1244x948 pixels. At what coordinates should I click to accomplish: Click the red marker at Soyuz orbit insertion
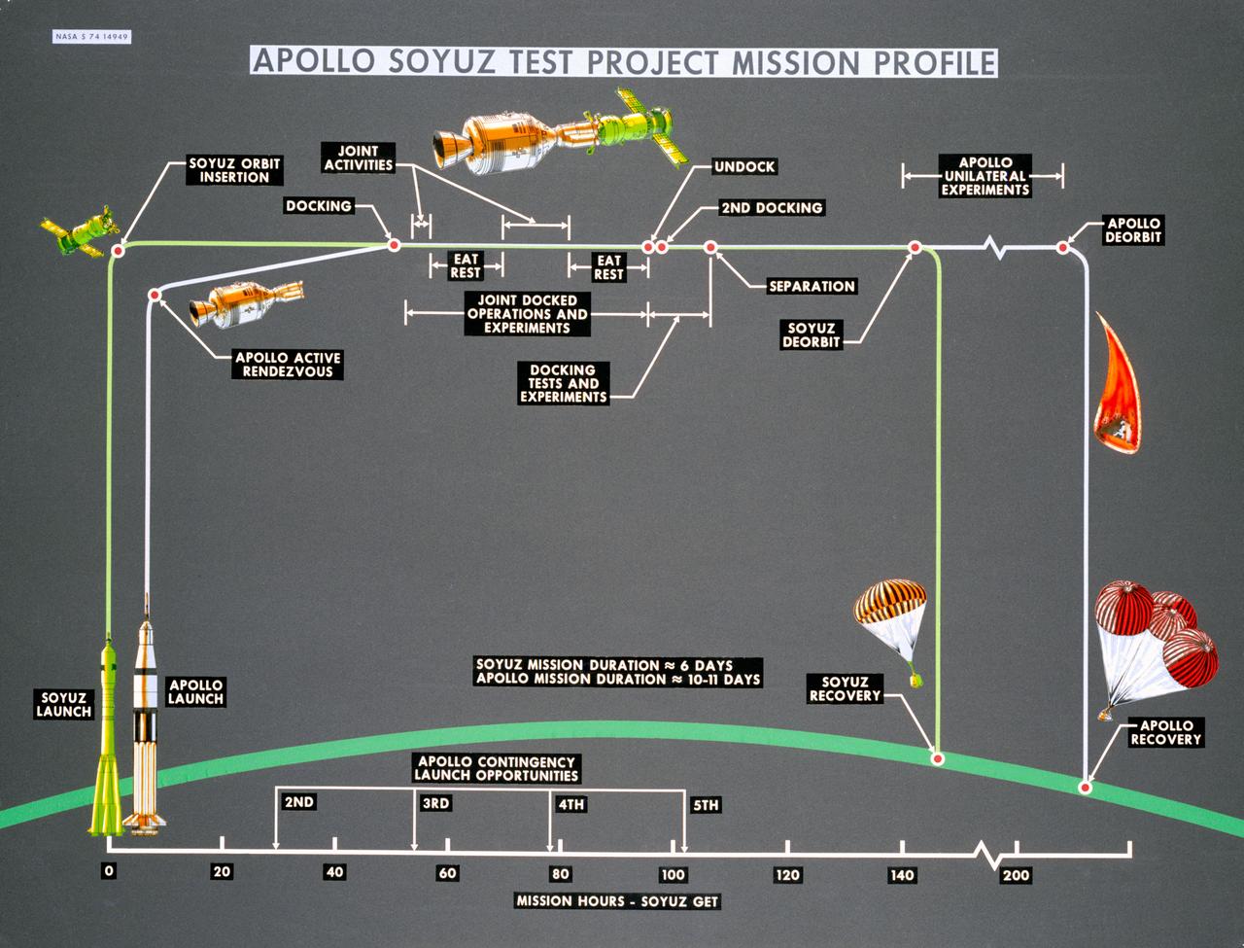[118, 251]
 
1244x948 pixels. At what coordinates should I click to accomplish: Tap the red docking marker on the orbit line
[394, 245]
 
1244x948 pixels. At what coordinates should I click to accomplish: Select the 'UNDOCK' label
[744, 166]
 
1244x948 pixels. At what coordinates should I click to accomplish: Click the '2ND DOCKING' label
[771, 207]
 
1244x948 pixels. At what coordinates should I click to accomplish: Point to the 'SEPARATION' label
[811, 286]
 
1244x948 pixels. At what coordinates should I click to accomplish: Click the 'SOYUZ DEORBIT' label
[812, 335]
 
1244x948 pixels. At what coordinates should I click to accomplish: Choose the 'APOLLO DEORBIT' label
[1134, 230]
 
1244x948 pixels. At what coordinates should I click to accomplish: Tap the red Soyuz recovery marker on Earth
[938, 757]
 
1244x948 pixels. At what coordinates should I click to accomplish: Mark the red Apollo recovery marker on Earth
[1087, 787]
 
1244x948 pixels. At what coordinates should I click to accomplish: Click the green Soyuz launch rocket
[107, 739]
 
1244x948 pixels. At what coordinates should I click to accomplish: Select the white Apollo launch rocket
[146, 720]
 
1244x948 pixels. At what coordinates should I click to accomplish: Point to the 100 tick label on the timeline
[673, 873]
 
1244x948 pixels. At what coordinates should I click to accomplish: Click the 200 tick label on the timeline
[1017, 874]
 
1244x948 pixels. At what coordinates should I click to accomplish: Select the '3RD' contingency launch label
[435, 804]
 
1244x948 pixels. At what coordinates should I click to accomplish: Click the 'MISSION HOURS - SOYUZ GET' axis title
[617, 901]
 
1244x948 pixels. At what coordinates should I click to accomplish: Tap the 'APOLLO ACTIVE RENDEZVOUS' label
[289, 365]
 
